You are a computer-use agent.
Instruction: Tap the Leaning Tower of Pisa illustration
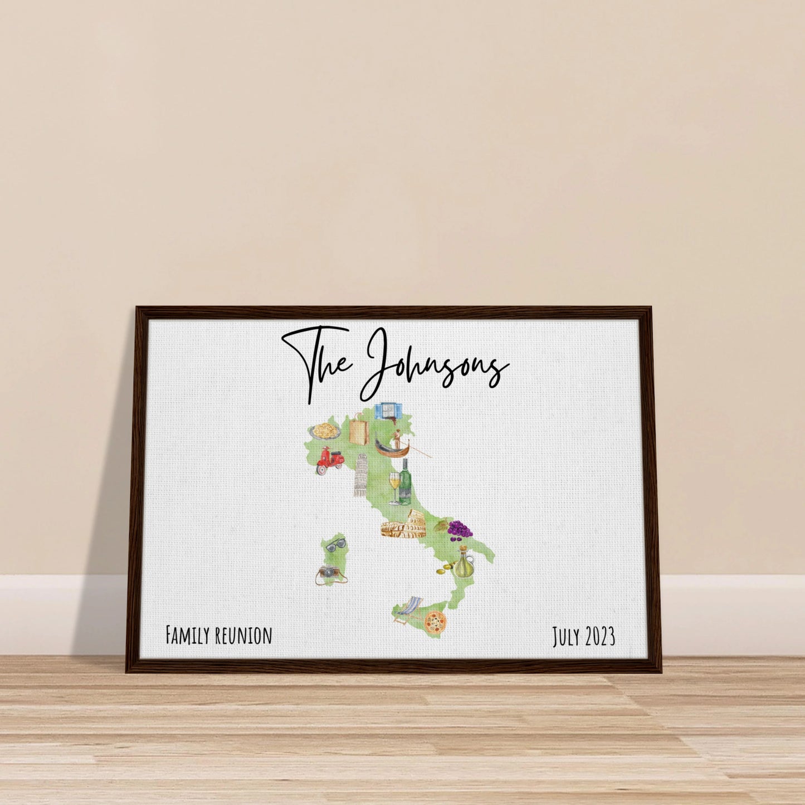(x=360, y=475)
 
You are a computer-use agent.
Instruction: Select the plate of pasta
(x=325, y=431)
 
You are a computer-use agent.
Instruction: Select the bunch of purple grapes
(x=460, y=529)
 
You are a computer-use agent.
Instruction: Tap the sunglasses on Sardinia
(x=335, y=544)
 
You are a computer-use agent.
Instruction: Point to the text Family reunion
(x=219, y=635)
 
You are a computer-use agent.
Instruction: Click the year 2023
(x=599, y=636)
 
